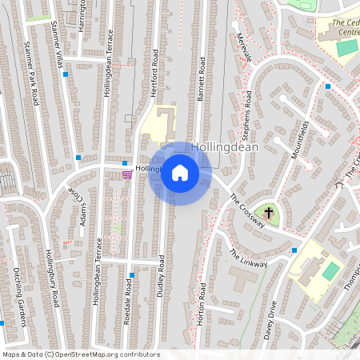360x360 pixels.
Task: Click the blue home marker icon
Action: [180, 173]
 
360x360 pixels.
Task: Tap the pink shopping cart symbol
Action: [127, 174]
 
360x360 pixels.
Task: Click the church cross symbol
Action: [269, 214]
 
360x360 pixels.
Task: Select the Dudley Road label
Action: [161, 276]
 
